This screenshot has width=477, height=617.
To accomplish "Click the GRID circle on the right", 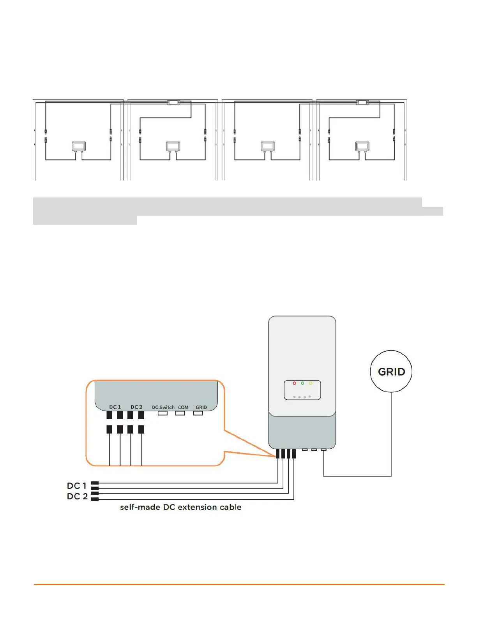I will click(x=391, y=371).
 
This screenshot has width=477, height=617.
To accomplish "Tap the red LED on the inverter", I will click(x=294, y=383).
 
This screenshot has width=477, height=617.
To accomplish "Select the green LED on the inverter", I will click(x=302, y=383).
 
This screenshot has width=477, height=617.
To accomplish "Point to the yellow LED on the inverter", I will click(x=311, y=383).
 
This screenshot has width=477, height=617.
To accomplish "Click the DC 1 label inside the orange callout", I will click(x=115, y=407).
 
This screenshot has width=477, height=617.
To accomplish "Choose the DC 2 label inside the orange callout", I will click(x=136, y=407).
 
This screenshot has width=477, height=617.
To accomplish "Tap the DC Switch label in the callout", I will click(x=163, y=407).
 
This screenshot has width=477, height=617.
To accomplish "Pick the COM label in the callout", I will click(x=183, y=407).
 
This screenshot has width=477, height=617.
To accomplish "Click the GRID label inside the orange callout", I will click(x=201, y=407).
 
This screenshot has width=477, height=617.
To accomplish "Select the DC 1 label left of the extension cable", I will click(x=76, y=486).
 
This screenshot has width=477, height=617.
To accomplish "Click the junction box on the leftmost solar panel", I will click(x=78, y=146).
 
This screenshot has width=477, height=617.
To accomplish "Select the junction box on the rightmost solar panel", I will click(x=362, y=146).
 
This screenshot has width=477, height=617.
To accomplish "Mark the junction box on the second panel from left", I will click(x=173, y=146).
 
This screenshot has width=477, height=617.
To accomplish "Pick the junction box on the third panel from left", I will click(x=268, y=146).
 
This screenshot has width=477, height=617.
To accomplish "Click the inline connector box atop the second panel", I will click(x=173, y=102).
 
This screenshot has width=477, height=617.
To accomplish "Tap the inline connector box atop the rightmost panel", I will click(x=362, y=102).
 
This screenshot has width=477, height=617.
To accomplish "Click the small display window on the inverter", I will click(x=302, y=390).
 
